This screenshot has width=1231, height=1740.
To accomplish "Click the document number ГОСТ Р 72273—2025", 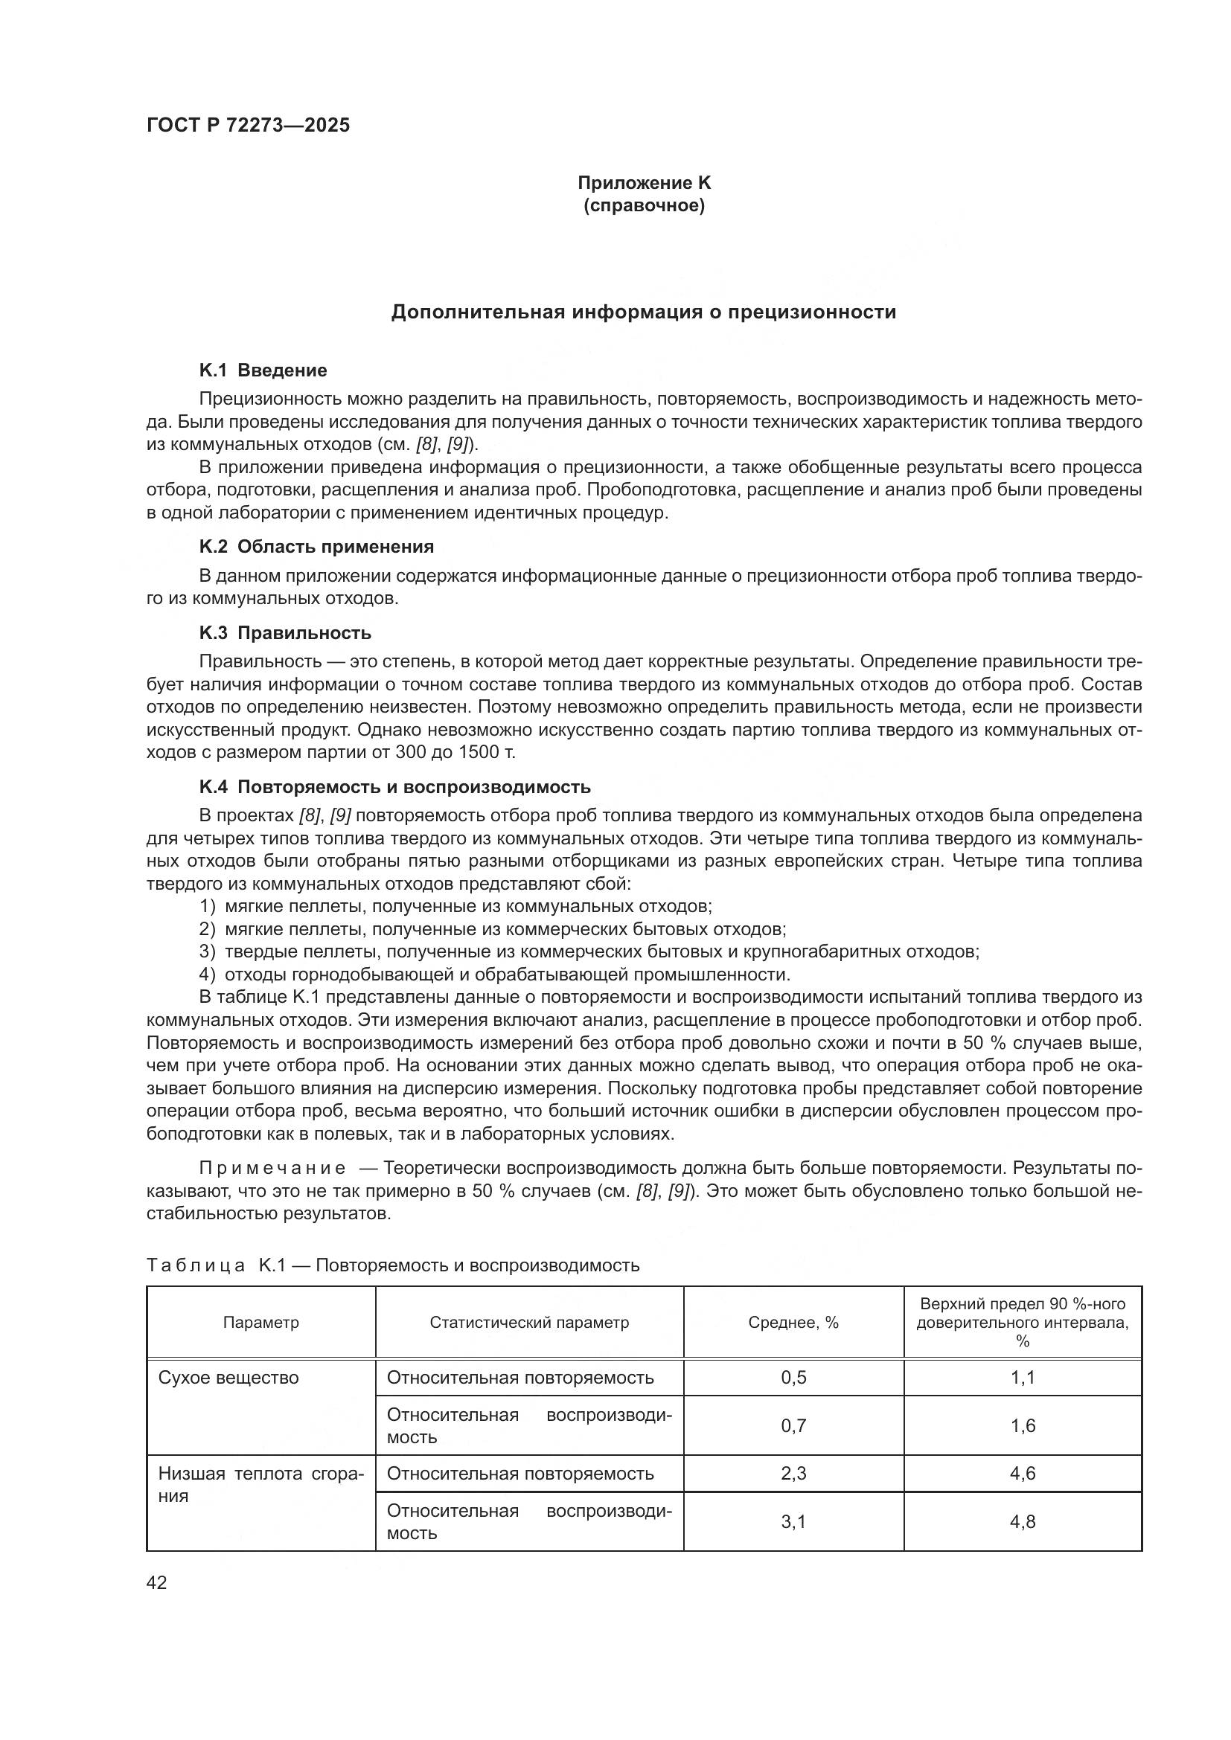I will point(248,126).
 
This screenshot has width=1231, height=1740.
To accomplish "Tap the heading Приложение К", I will point(644,183).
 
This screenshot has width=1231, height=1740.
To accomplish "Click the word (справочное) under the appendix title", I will point(644,206).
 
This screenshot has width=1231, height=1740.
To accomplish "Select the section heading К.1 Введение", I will point(263,370).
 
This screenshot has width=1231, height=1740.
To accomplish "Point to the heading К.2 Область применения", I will point(316,547).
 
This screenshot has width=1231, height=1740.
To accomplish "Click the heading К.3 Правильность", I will point(285,633).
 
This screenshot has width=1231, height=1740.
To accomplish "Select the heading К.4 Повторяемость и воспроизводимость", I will point(394,786).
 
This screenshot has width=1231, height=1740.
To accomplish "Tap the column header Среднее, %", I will point(793,1323).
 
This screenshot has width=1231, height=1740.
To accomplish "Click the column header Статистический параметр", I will point(529,1323).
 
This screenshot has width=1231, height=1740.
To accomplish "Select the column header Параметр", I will point(260,1323).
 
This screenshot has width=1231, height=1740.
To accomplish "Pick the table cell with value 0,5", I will point(793,1378).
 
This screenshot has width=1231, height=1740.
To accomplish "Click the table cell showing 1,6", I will point(1022,1425).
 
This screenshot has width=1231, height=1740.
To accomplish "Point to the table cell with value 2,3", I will point(793,1473).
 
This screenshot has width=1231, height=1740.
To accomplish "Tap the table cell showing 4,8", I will point(1022,1522).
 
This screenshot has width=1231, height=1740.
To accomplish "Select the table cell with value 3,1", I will point(793,1522).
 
